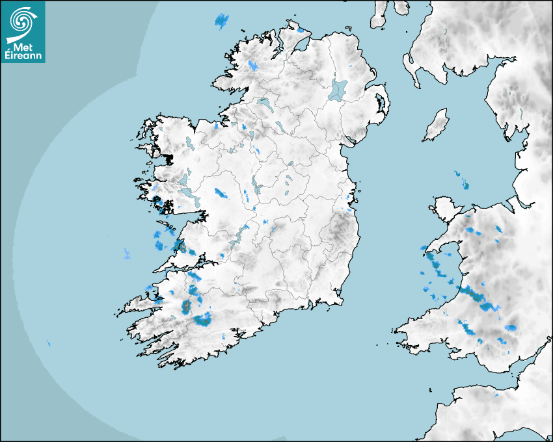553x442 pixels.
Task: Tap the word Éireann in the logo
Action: [23, 56]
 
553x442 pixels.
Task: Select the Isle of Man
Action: [436, 125]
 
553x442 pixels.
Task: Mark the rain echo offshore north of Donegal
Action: [223, 21]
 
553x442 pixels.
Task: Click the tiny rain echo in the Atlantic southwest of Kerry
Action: [49, 343]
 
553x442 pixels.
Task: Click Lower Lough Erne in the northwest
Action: [263, 103]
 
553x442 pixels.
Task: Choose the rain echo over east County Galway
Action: [222, 193]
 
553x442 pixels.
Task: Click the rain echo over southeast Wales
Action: [511, 328]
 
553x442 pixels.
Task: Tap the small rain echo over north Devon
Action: [496, 395]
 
